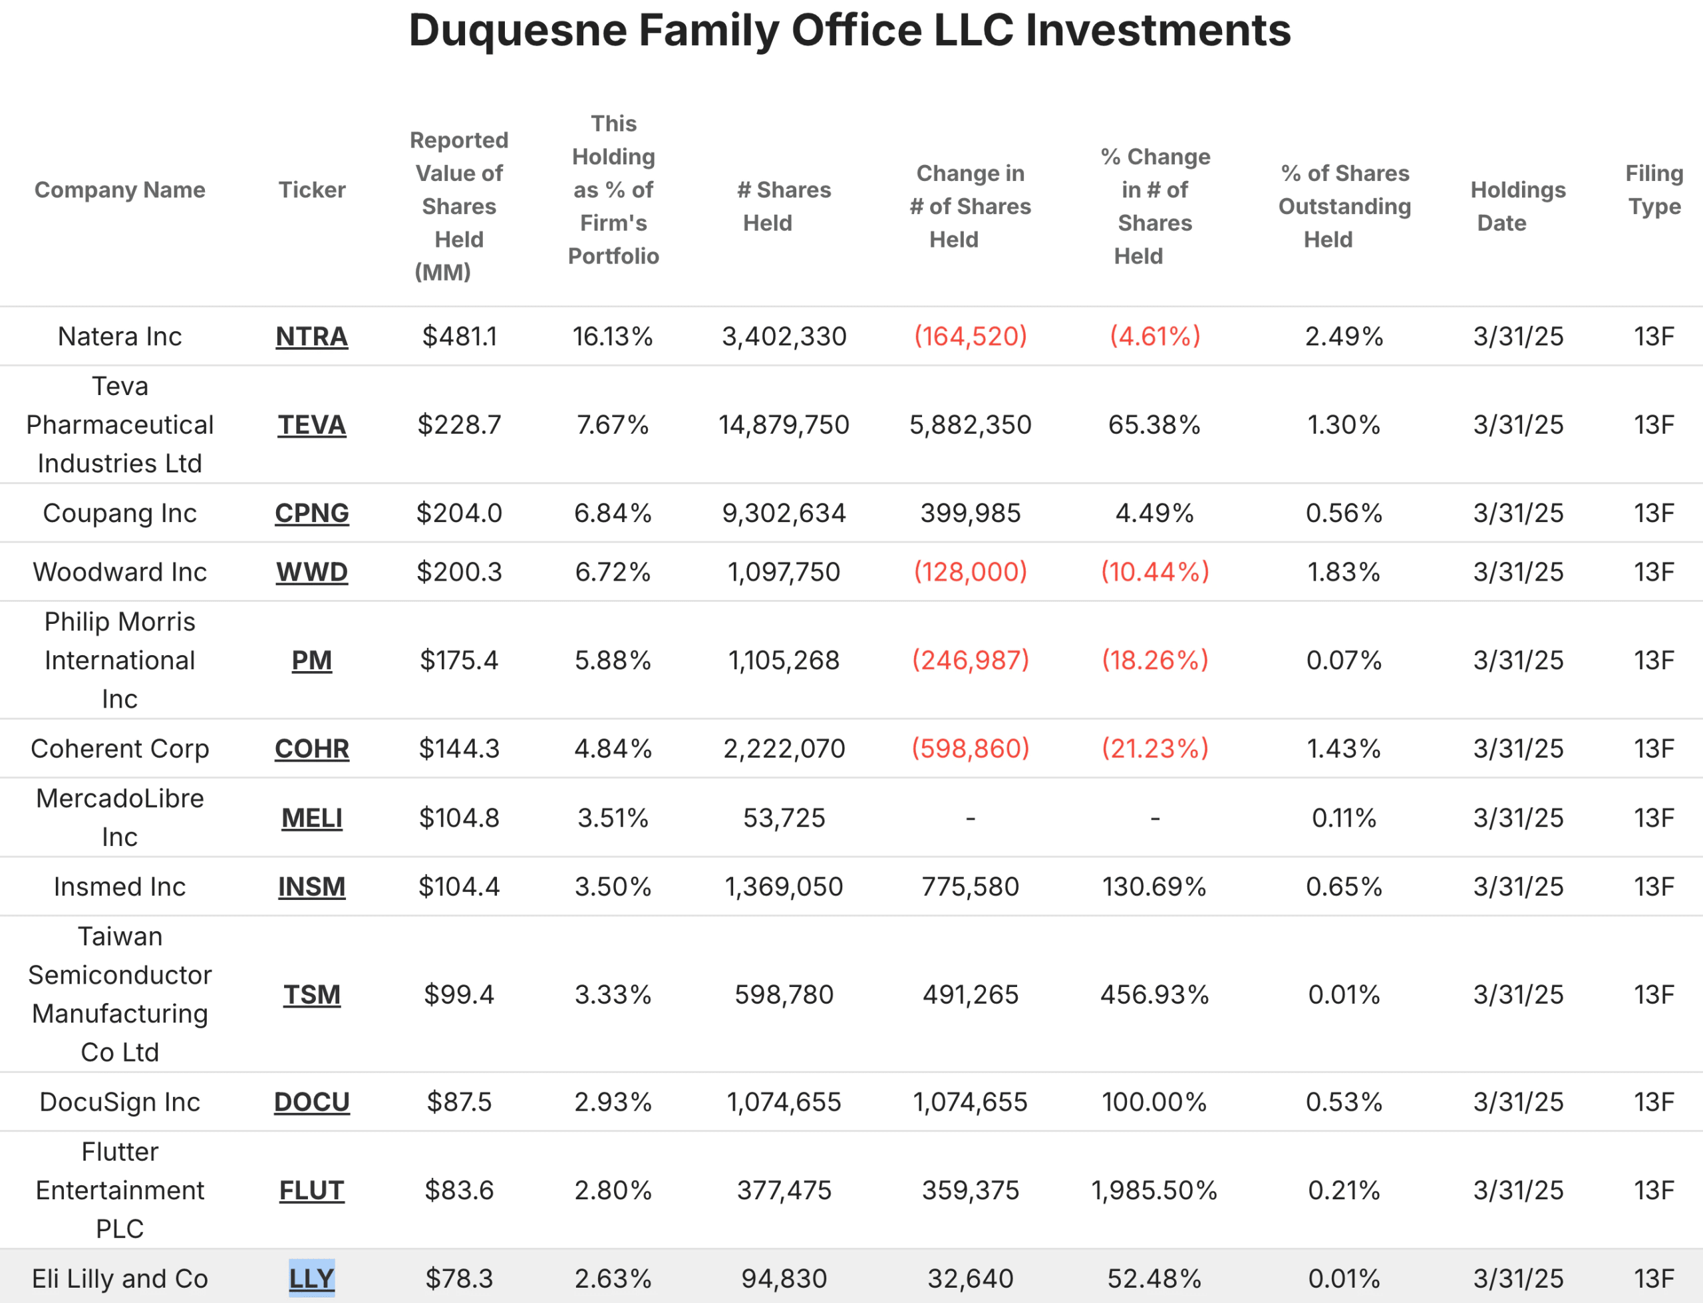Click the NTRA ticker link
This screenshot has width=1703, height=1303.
pos(312,337)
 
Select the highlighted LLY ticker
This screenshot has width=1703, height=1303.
pos(312,1278)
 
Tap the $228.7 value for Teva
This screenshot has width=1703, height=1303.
pos(459,425)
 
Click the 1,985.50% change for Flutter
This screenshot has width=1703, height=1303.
pos(1154,1190)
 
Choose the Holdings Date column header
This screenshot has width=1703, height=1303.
pos(1517,206)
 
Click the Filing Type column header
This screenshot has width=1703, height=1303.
pos(1654,190)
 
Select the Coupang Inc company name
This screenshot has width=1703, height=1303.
pos(120,513)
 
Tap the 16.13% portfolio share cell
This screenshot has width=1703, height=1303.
pos(613,337)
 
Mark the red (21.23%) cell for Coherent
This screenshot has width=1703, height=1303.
pos(1155,748)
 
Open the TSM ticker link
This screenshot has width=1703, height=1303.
pos(312,994)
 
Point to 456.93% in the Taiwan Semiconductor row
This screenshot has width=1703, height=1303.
pos(1154,994)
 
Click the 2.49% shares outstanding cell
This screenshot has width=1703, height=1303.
pos(1344,337)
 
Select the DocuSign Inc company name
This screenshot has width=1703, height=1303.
pos(120,1102)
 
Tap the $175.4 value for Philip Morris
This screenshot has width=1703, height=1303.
pos(459,660)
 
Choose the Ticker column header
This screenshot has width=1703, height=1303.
pos(312,190)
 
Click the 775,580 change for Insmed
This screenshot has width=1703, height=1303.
pos(970,887)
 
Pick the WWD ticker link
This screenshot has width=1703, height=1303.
pos(312,573)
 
